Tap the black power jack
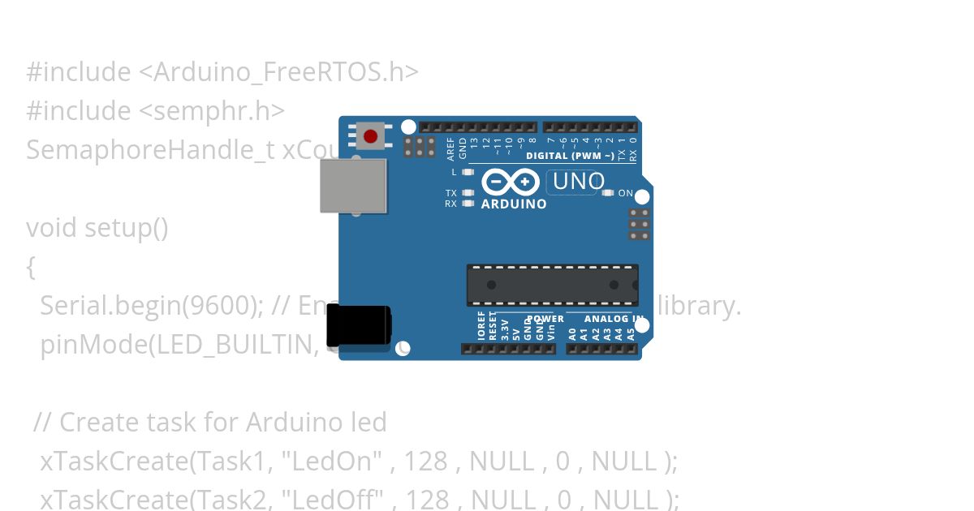358,325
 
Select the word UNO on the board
578,181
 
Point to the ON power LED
610,193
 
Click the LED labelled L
468,172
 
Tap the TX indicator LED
468,193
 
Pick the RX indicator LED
468,204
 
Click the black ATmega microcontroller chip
552,286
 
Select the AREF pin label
451,148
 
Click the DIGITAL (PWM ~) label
570,156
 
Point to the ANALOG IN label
614,319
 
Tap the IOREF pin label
481,325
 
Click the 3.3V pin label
505,328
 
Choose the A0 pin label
572,332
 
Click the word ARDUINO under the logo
514,204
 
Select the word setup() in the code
126,228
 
